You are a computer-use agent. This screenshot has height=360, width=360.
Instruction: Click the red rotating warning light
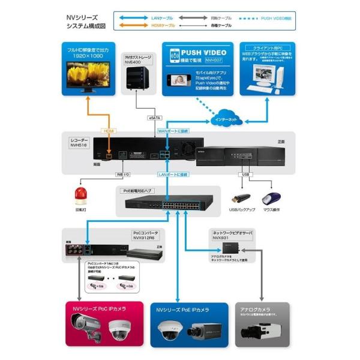[x=80, y=194]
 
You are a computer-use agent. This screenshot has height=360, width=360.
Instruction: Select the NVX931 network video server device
[x=232, y=247]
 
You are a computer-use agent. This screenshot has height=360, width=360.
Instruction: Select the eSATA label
[x=155, y=118]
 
